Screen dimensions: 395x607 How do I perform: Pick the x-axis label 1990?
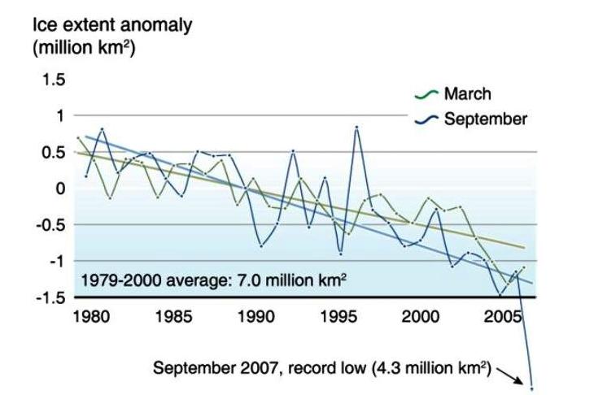[x=256, y=316]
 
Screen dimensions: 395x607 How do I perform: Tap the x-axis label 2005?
[x=503, y=316]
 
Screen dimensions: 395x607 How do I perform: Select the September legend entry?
[x=484, y=119]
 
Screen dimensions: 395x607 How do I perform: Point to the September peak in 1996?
[x=356, y=127]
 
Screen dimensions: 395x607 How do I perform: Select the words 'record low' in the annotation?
[x=330, y=367]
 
